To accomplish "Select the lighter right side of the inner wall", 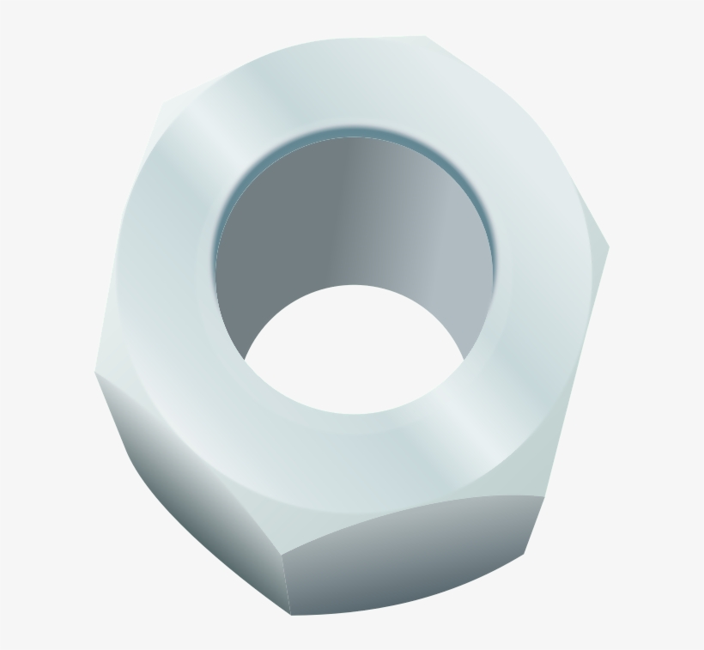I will (x=455, y=258).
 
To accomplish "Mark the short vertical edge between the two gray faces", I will (x=287, y=584).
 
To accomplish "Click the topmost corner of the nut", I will (x=426, y=37).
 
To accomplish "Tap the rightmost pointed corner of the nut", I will (x=609, y=249).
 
